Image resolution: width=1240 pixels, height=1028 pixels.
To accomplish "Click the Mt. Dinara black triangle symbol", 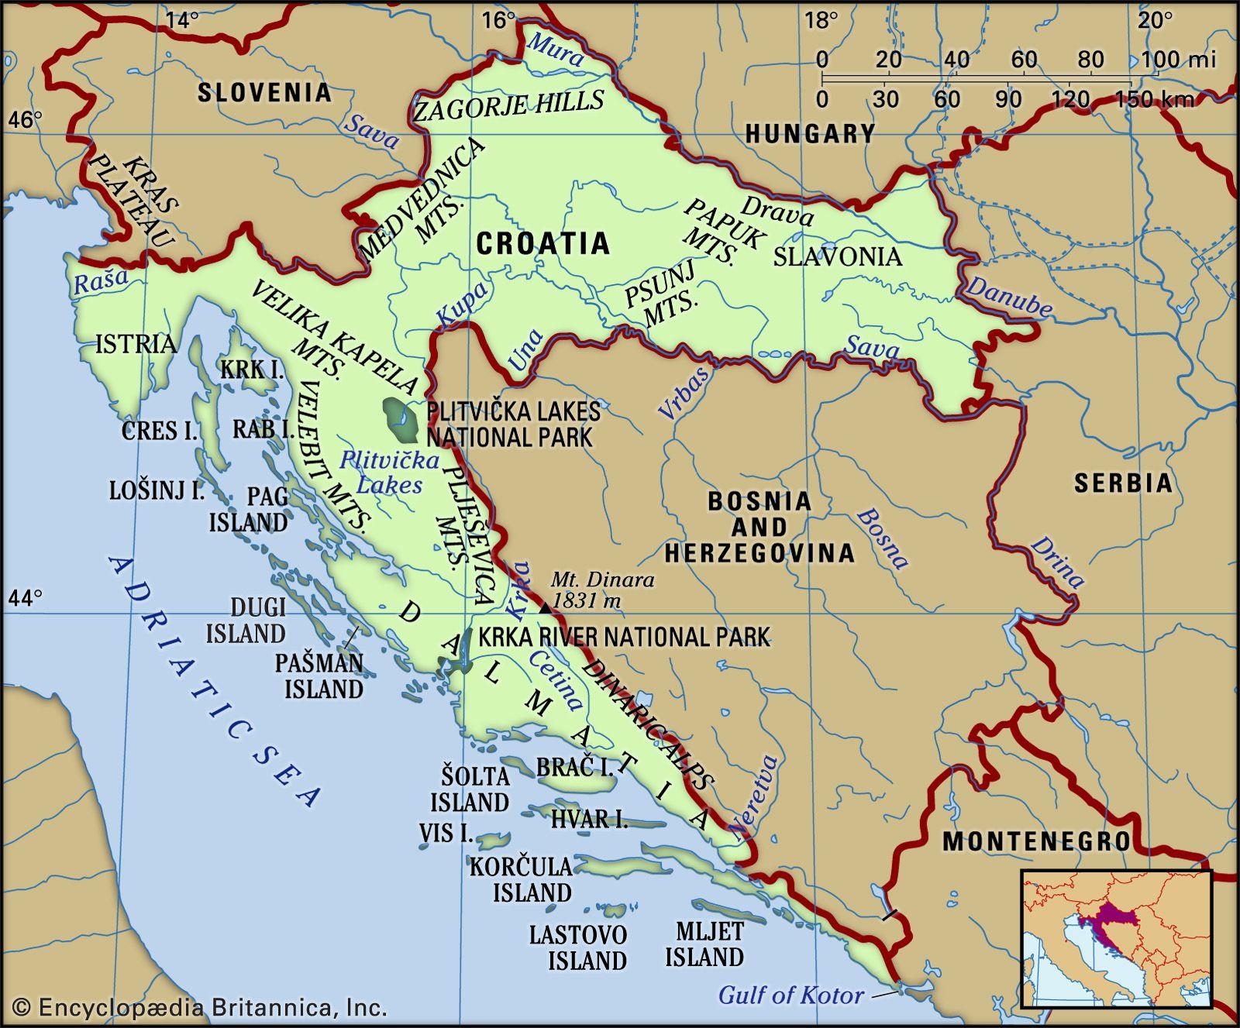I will [546, 608].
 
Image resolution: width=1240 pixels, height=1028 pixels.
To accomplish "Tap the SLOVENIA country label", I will [263, 93].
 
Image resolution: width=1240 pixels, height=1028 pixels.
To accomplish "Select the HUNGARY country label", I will [810, 135].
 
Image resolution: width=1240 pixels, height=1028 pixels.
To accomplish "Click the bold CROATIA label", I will [542, 243].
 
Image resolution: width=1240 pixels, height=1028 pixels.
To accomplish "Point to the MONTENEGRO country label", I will [1036, 841].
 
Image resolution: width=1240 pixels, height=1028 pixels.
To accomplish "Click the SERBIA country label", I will [1123, 483].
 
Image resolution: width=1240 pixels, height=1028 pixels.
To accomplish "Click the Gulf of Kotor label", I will [790, 995].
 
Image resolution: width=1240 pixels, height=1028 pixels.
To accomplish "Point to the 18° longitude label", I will [821, 21].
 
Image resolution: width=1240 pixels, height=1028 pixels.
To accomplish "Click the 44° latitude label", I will [25, 598].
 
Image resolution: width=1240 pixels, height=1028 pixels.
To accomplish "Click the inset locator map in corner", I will [1116, 939].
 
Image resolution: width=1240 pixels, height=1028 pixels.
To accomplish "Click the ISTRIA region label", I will [135, 343].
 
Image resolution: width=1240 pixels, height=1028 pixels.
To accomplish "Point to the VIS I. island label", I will [446, 833].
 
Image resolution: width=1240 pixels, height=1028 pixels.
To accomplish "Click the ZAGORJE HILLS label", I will [508, 105].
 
